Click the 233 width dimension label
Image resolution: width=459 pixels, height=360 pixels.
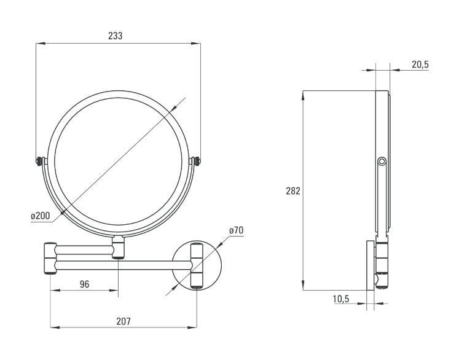pyautogui.click(x=116, y=36)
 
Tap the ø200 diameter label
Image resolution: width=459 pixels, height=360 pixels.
pyautogui.click(x=41, y=216)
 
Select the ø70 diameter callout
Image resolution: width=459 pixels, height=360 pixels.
pyautogui.click(x=236, y=230)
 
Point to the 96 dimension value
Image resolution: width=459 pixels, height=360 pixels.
pyautogui.click(x=84, y=284)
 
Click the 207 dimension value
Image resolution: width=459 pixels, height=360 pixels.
pyautogui.click(x=124, y=321)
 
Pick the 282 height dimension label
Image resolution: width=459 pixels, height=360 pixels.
pyautogui.click(x=293, y=191)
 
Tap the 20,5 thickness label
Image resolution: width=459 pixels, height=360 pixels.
pyautogui.click(x=420, y=65)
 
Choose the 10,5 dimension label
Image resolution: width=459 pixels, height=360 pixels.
pyautogui.click(x=341, y=299)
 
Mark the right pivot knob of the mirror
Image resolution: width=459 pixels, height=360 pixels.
pyautogui.click(x=198, y=161)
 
